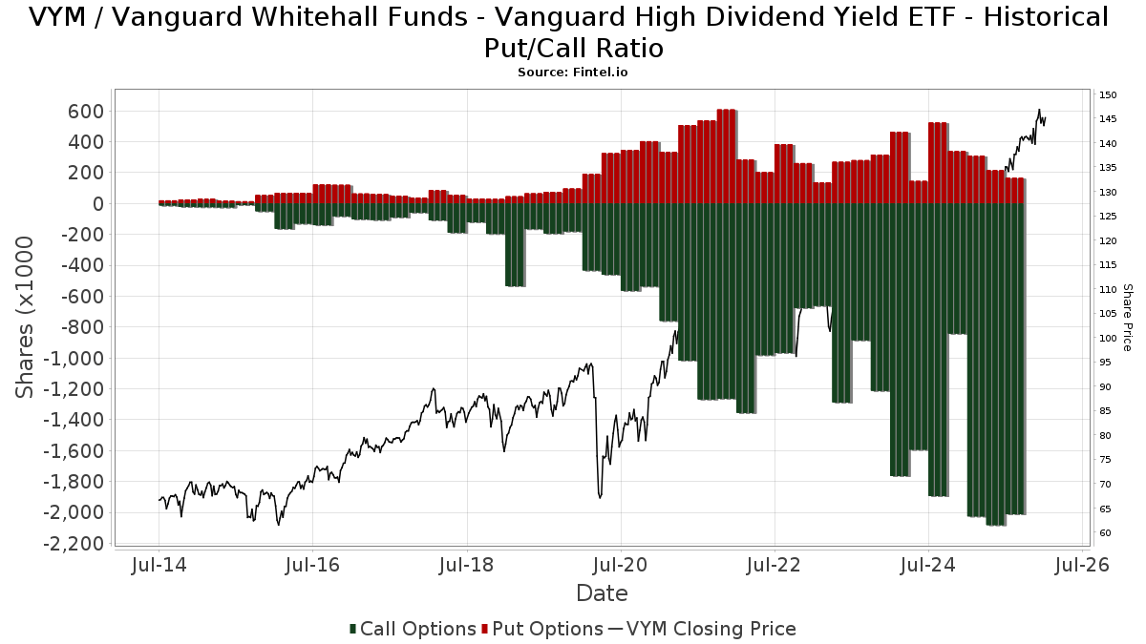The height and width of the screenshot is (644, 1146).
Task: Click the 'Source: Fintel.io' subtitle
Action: tap(573, 72)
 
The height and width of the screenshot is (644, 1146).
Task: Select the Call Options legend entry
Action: tap(413, 629)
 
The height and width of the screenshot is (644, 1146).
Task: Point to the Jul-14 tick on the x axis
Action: tap(159, 565)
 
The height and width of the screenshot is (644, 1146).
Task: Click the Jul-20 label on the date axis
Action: tap(621, 565)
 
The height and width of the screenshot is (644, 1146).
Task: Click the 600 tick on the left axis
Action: tap(85, 111)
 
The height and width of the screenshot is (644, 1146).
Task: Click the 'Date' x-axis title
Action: tap(602, 593)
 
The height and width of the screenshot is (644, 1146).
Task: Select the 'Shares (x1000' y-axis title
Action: tap(26, 318)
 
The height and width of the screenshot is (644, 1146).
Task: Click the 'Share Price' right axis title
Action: tap(1128, 317)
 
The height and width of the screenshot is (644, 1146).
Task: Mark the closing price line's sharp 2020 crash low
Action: tap(600, 496)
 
